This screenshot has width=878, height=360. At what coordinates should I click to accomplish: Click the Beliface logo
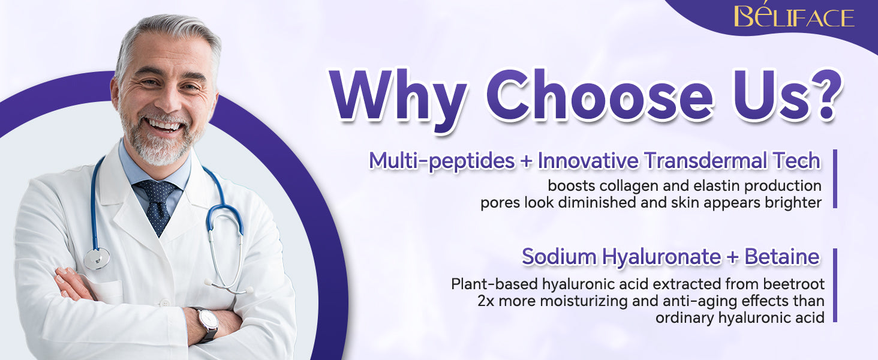pos(793,16)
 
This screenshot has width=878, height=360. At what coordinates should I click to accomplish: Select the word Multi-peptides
pos(442,161)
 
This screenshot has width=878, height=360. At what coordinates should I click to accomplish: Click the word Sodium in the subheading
pos(560,257)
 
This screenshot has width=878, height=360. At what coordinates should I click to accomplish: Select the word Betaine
pos(782,257)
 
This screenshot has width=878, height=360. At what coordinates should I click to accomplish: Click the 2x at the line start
pos(486,301)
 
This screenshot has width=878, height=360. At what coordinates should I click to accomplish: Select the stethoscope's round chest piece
pos(97,259)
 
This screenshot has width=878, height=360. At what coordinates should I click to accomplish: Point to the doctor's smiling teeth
pos(164,125)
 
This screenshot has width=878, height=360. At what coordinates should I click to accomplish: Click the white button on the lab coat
pos(166,304)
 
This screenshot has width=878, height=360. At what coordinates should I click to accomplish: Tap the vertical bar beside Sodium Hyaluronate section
pos(835,285)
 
